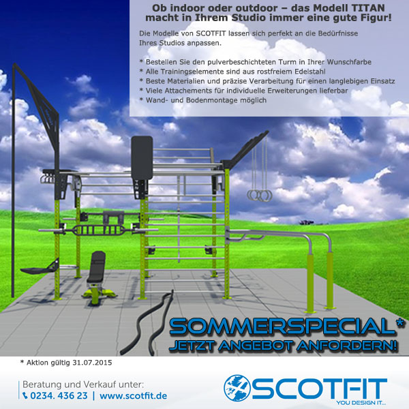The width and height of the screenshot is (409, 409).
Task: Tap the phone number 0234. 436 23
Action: pos(59,395)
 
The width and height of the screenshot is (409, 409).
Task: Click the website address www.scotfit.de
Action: pos(134,395)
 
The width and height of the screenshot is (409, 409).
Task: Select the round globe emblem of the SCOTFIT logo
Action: pos(237,388)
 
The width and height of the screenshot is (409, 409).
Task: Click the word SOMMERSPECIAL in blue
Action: pos(282,327)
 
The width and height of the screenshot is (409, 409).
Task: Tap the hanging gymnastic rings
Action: pos(260,195)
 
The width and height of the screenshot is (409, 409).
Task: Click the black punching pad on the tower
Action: pos(142,157)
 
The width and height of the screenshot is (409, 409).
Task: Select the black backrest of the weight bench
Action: pos(97,267)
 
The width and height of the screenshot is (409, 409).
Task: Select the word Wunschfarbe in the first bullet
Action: pos(349,62)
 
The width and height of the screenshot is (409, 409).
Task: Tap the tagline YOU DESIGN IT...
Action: pos(361,403)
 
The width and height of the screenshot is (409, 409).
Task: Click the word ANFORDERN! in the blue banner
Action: pos(347,346)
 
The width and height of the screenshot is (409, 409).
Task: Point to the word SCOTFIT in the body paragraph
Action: pos(211,33)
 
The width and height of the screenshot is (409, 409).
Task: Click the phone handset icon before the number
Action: pos(25,395)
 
